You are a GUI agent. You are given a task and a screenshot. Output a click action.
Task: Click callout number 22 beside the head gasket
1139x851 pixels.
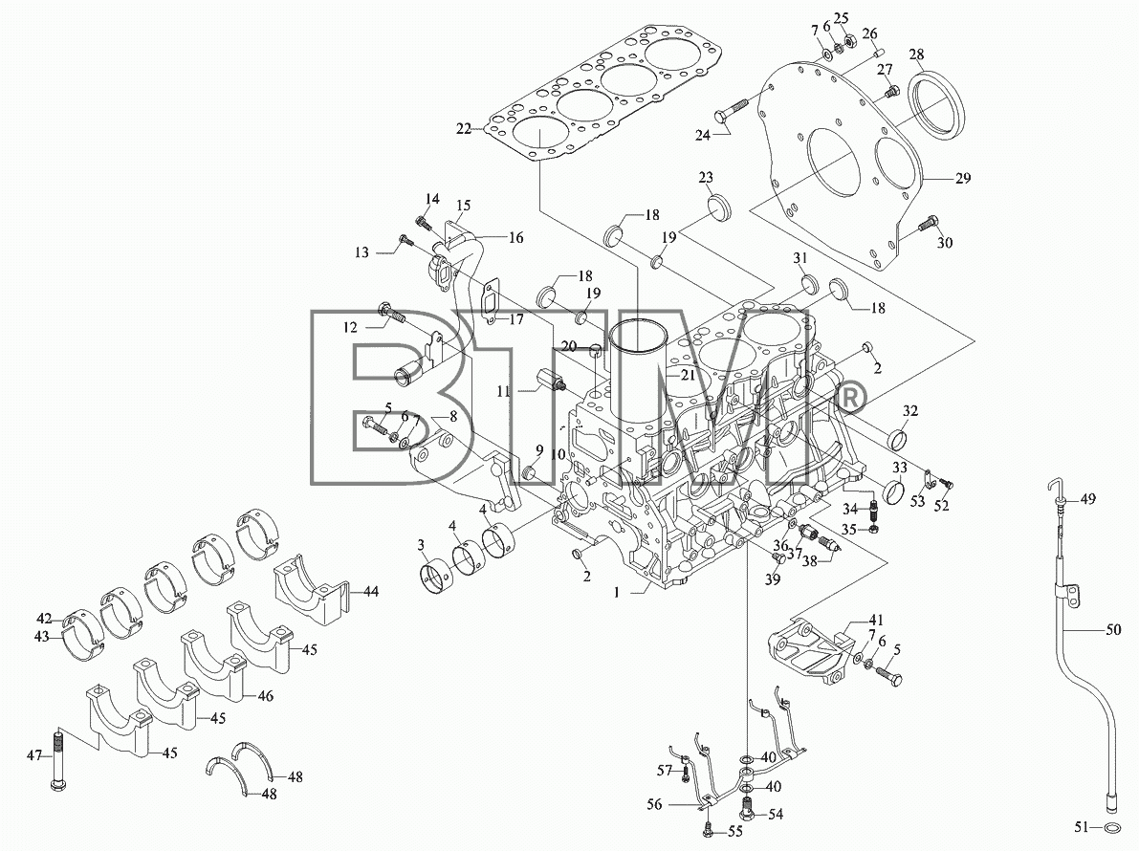coord(464,129)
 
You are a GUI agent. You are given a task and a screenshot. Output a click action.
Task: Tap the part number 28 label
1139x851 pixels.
coord(917,55)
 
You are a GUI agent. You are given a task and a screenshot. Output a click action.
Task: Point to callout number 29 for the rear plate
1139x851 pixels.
coord(963,178)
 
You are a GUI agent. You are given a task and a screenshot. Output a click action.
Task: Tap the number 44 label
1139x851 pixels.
coord(371,592)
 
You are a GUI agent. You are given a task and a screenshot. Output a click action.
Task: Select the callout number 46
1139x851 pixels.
coord(266,695)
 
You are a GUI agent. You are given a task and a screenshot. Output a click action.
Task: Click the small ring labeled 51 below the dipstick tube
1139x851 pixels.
coord(1110,827)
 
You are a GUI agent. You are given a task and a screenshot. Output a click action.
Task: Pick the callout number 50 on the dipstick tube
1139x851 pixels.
coord(1113,630)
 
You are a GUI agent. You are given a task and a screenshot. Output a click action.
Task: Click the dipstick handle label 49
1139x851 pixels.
coord(1087,499)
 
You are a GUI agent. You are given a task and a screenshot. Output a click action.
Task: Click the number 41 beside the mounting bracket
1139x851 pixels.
coord(877,621)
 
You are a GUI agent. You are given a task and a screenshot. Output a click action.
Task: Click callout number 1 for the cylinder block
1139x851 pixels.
coord(616,593)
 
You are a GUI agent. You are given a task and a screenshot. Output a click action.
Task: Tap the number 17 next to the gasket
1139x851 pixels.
coord(515,318)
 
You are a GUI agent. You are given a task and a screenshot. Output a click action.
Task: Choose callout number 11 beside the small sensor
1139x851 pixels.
coord(503,391)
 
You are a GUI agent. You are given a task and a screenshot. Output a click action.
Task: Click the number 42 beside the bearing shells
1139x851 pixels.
coord(45,619)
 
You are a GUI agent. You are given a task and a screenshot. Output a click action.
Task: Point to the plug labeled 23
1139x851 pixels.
coord(717,206)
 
